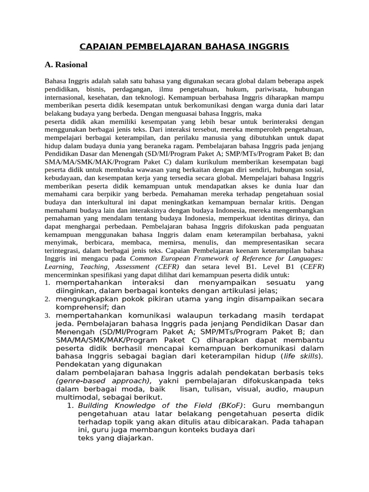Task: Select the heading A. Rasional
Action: pos(66,64)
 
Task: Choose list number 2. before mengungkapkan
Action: pos(48,299)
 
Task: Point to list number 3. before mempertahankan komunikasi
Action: pos(48,316)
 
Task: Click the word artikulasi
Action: pos(234,291)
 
